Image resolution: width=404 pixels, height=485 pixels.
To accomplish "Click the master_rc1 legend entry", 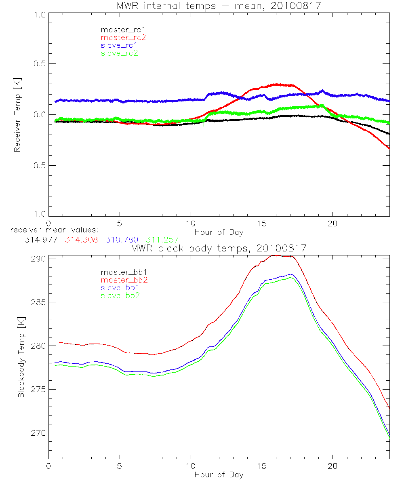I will point(120,30).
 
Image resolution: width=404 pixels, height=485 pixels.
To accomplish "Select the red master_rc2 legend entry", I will point(123,38).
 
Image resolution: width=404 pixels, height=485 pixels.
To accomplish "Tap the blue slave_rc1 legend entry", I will point(120,45).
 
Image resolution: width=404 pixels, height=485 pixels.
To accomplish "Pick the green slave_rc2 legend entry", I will point(119,53).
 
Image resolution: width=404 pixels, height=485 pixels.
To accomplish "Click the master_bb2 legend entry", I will point(124,280).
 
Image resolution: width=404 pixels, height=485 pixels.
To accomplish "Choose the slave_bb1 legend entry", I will point(120,287).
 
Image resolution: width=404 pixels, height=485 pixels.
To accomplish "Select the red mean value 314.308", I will point(81,240).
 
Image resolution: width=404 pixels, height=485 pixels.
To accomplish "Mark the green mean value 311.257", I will point(162,240).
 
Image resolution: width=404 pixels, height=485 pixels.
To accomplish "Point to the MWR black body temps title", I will point(219,248).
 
